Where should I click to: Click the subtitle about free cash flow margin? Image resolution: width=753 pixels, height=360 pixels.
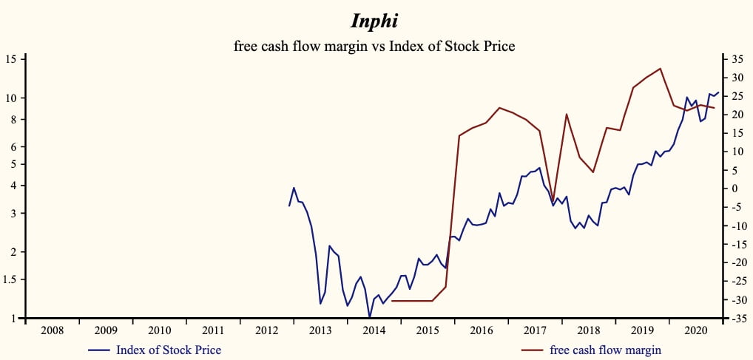pyautogui.click(x=374, y=46)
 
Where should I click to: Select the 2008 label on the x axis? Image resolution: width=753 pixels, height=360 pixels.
pyautogui.click(x=52, y=330)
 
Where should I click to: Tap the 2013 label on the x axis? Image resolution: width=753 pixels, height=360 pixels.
pyautogui.click(x=320, y=330)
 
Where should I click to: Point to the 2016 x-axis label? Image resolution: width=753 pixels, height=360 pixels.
pyautogui.click(x=481, y=330)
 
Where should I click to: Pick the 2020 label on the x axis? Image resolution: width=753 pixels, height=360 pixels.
pyautogui.click(x=695, y=330)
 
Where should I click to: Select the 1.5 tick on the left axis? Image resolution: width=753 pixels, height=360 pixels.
pyautogui.click(x=11, y=279)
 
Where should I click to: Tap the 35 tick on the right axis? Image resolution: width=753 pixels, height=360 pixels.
pyautogui.click(x=737, y=59)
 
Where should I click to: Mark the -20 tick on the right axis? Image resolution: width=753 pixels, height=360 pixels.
pyautogui.click(x=735, y=262)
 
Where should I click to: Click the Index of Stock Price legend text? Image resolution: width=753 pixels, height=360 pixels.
pyautogui.click(x=169, y=350)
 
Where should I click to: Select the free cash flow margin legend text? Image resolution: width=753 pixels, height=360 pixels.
pyautogui.click(x=605, y=350)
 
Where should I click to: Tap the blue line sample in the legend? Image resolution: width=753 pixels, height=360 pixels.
pyautogui.click(x=99, y=350)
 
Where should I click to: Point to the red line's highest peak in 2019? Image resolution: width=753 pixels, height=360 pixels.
pyautogui.click(x=660, y=69)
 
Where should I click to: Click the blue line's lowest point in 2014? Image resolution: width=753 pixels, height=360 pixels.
pyautogui.click(x=369, y=318)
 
